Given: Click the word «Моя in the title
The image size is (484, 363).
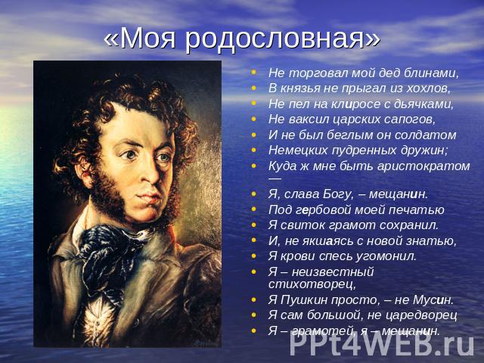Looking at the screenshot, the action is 141,39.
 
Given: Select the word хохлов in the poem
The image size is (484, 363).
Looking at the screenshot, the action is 429,88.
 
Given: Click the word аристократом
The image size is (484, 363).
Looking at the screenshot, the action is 423,166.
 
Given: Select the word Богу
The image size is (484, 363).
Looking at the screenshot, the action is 337,194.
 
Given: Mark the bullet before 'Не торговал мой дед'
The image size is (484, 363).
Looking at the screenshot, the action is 253,73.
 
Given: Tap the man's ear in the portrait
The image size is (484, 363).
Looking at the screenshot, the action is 84,175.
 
